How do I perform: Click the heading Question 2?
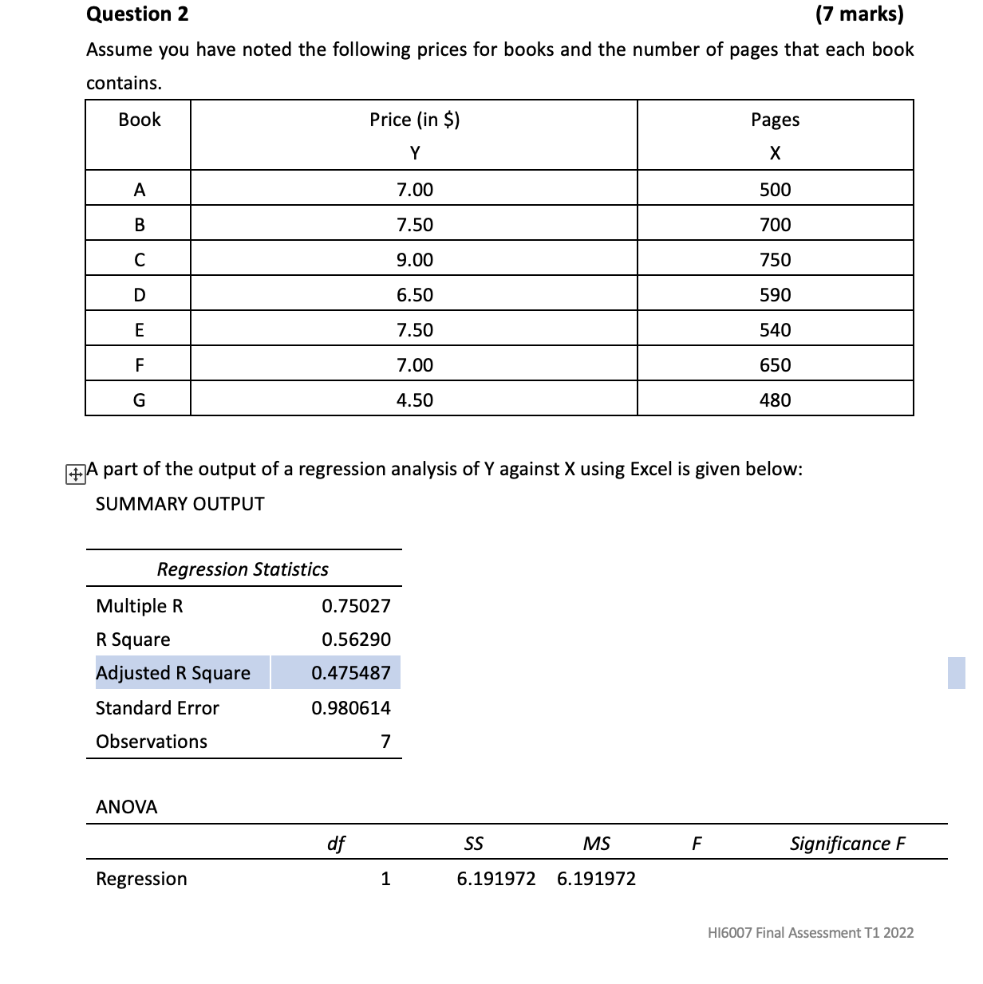[137, 14]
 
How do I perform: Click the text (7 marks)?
[859, 14]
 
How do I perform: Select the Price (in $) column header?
[414, 120]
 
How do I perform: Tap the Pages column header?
[775, 120]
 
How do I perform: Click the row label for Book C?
[139, 260]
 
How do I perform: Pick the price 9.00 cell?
[414, 260]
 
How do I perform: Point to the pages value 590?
[775, 295]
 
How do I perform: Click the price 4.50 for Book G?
[414, 400]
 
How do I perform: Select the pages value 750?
[775, 260]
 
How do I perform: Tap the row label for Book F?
[139, 365]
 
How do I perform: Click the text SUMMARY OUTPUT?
[180, 504]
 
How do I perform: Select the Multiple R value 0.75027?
[356, 606]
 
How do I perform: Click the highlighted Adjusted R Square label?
[173, 673]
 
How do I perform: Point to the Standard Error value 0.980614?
[351, 708]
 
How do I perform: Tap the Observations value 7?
[385, 742]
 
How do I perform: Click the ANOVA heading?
[127, 807]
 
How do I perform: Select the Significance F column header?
[847, 844]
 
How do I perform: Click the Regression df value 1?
[385, 879]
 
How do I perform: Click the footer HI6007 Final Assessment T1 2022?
[811, 933]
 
